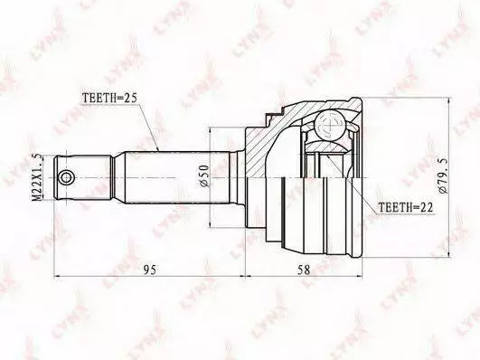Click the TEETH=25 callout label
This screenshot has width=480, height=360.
[109, 98]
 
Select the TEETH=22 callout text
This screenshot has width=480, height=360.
[406, 207]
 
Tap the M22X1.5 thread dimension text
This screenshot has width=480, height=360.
[37, 177]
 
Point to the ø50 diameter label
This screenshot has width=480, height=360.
[204, 175]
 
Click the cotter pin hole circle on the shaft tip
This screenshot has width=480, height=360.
[66, 177]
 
